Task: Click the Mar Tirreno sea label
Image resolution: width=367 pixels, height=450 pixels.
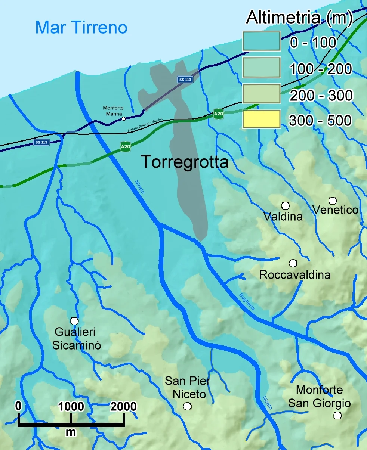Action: (x=81, y=28)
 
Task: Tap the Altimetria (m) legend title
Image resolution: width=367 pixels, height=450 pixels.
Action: (x=299, y=18)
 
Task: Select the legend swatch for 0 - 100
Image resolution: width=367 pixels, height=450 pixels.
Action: (x=261, y=41)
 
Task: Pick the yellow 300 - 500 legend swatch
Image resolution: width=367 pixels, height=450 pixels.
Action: (x=261, y=119)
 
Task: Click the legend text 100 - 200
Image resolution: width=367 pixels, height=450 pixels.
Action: (x=321, y=69)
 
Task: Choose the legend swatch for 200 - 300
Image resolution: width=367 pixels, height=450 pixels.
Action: (x=261, y=94)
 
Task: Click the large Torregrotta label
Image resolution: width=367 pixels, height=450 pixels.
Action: (x=185, y=162)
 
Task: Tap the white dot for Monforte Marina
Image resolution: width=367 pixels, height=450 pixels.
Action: (x=124, y=119)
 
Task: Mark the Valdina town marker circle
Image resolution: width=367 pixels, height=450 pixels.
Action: (x=286, y=205)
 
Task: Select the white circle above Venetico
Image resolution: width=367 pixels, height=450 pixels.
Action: (x=332, y=201)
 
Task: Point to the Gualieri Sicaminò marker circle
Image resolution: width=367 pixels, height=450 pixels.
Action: (x=74, y=321)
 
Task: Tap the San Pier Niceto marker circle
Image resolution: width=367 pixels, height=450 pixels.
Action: (x=187, y=406)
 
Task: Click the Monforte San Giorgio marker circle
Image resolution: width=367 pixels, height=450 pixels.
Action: (x=337, y=415)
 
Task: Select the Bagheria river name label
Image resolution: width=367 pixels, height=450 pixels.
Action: (x=247, y=302)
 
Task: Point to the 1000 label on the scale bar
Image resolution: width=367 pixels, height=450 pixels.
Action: (x=71, y=406)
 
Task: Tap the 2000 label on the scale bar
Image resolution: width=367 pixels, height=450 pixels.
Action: (x=123, y=406)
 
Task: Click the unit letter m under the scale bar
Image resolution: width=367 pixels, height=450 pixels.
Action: (x=71, y=432)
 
